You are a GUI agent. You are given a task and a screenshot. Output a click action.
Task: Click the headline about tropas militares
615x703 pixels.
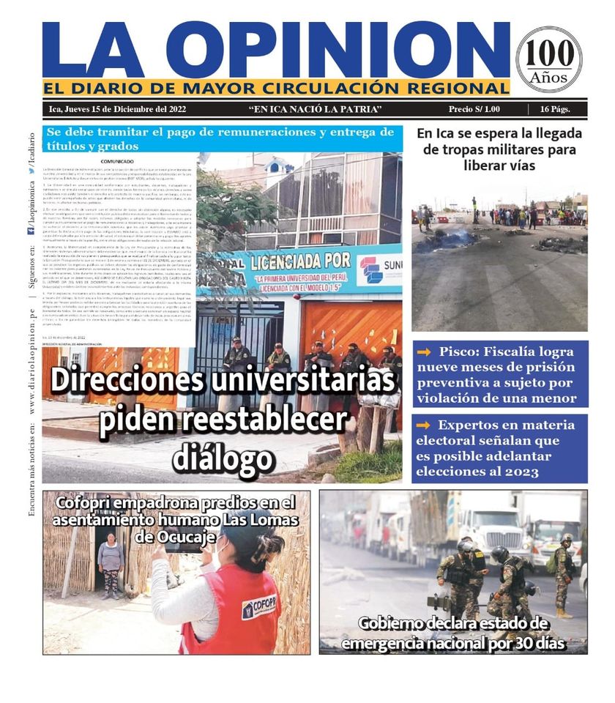499,149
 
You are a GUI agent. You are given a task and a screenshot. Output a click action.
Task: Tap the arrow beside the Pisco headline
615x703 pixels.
422,351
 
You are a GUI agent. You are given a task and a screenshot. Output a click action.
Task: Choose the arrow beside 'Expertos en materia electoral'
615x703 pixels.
422,425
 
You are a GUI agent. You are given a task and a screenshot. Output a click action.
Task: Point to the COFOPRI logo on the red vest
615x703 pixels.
259,606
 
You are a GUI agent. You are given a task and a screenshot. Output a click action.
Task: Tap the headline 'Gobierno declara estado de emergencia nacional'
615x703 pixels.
453,633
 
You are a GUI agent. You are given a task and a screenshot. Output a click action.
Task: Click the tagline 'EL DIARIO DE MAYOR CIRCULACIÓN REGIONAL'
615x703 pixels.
276,89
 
